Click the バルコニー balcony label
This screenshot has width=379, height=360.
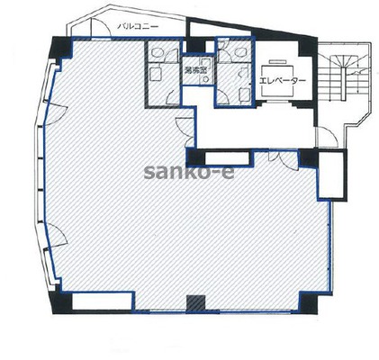(138, 27)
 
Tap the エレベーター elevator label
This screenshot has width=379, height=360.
(282, 80)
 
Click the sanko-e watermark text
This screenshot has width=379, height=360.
(189, 172)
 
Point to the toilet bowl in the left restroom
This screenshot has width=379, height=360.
(157, 53)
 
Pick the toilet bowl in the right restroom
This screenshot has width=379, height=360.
(240, 52)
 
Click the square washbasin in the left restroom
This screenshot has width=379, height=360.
(156, 74)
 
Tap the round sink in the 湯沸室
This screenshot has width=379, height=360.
(206, 79)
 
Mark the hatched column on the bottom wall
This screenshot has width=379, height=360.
(196, 303)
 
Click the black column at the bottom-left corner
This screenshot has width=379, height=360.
(62, 302)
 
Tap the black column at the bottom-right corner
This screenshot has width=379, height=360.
(308, 302)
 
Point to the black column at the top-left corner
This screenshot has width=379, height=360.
(62, 47)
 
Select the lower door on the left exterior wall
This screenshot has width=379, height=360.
(57, 237)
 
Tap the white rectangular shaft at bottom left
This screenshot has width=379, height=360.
(103, 301)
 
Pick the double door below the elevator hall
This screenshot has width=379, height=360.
(284, 160)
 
